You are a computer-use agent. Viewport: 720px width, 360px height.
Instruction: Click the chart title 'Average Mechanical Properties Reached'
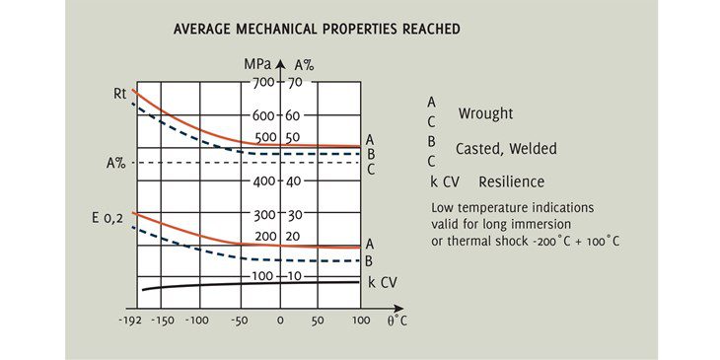[x=317, y=30]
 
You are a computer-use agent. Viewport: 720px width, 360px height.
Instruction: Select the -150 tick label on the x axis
[x=165, y=321]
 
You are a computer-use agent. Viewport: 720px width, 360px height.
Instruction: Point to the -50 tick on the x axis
[x=240, y=321]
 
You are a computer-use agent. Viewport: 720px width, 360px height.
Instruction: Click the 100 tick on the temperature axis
[x=360, y=321]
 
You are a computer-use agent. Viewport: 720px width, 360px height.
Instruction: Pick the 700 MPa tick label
[x=262, y=83]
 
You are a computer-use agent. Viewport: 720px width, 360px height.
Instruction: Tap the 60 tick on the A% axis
[x=294, y=115]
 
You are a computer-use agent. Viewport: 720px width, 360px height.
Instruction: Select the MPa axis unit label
[x=258, y=64]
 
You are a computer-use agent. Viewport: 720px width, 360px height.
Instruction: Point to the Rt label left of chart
[x=119, y=95]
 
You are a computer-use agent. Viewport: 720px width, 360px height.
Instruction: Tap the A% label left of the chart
[x=115, y=163]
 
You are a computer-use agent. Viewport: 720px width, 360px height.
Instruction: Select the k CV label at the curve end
[x=383, y=282]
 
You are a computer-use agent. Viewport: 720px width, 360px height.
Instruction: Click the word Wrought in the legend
[x=485, y=113]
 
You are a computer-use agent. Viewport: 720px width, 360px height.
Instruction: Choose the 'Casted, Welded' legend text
[x=506, y=149]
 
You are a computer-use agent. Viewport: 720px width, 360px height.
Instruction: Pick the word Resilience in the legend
[x=511, y=182]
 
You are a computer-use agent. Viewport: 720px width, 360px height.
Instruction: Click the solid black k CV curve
[x=247, y=283]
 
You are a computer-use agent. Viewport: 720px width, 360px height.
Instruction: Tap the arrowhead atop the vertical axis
[x=280, y=65]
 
